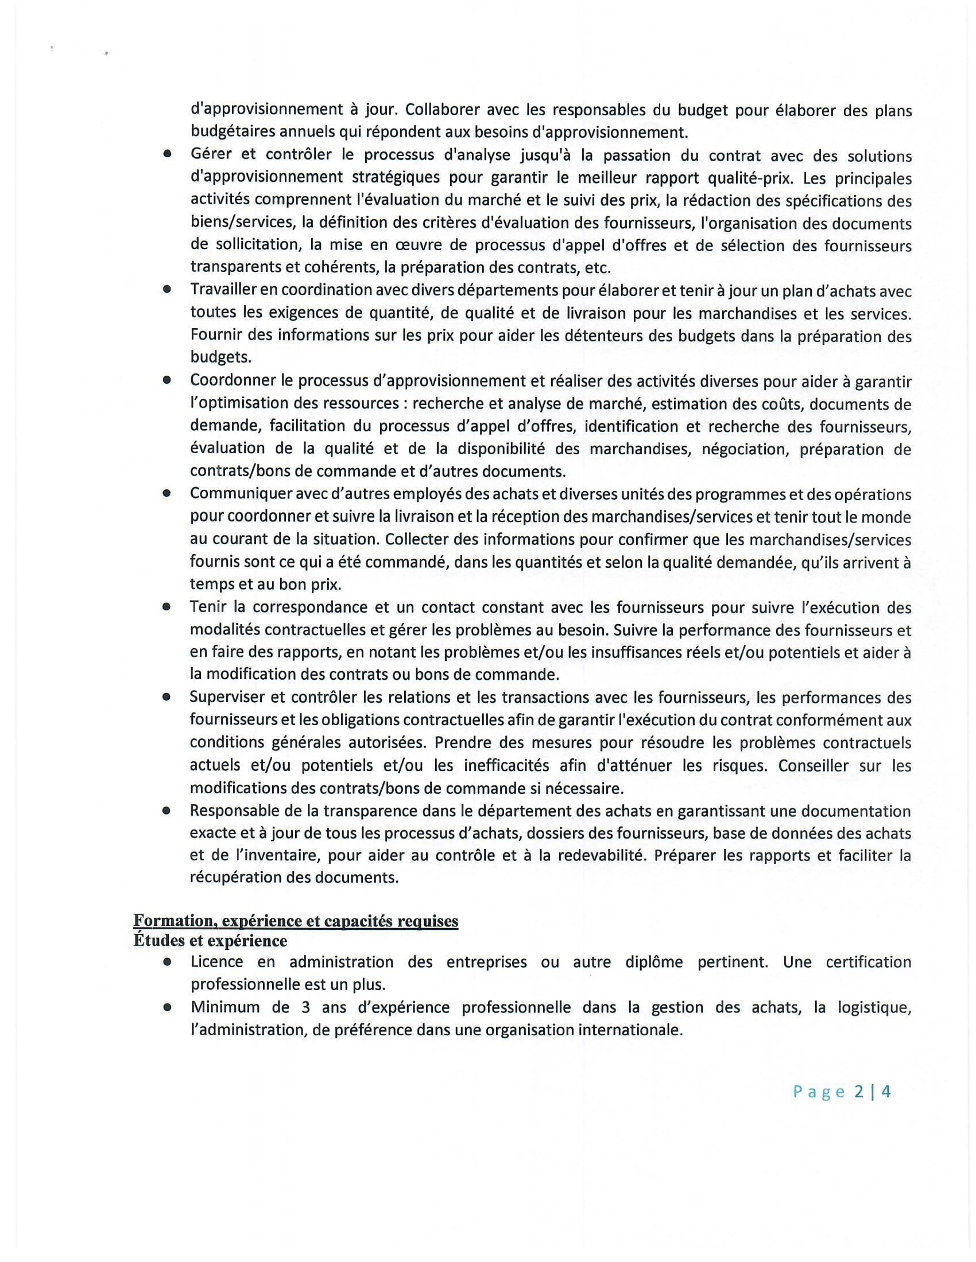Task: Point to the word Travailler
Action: click(x=228, y=290)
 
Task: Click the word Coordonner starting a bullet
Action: click(x=233, y=381)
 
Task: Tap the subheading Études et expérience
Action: click(x=210, y=940)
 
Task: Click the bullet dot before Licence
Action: click(x=167, y=962)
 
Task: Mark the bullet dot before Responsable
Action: click(x=167, y=811)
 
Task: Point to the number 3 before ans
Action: click(x=305, y=1007)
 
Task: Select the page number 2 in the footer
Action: click(x=858, y=1092)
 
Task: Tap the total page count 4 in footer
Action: click(x=886, y=1092)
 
